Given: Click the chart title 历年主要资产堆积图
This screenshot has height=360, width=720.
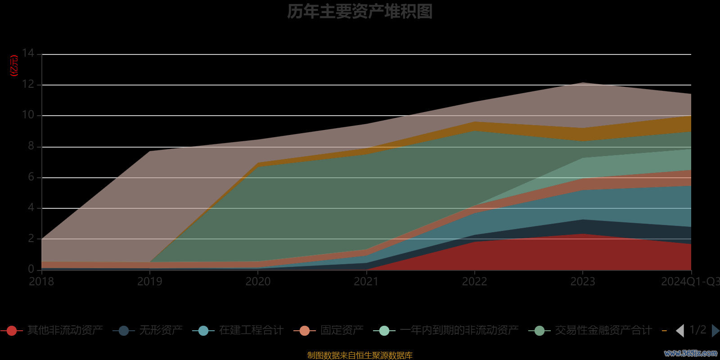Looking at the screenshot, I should point(360,12).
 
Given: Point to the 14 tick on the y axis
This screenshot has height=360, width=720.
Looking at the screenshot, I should point(28,54).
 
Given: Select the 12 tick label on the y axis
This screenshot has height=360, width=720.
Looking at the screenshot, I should point(28,84).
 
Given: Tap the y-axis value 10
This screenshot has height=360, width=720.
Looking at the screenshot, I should point(28,115).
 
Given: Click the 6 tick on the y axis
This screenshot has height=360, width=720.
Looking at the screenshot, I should point(31,177).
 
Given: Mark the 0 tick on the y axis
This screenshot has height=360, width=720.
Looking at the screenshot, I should point(31,269).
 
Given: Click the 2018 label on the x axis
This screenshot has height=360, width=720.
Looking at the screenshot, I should point(41,282).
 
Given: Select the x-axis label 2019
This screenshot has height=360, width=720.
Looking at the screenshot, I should point(150,282).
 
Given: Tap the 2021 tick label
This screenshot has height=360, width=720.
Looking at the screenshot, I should point(366,282).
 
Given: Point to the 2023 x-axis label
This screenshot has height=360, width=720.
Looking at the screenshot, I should point(583,282).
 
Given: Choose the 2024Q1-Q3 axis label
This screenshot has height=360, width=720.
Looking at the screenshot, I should point(690,282).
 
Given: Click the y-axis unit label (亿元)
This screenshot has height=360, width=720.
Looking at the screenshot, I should point(14,66).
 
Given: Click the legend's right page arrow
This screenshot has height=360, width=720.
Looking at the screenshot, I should point(715,331).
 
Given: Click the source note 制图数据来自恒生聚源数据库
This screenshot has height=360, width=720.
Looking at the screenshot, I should point(360,355).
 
